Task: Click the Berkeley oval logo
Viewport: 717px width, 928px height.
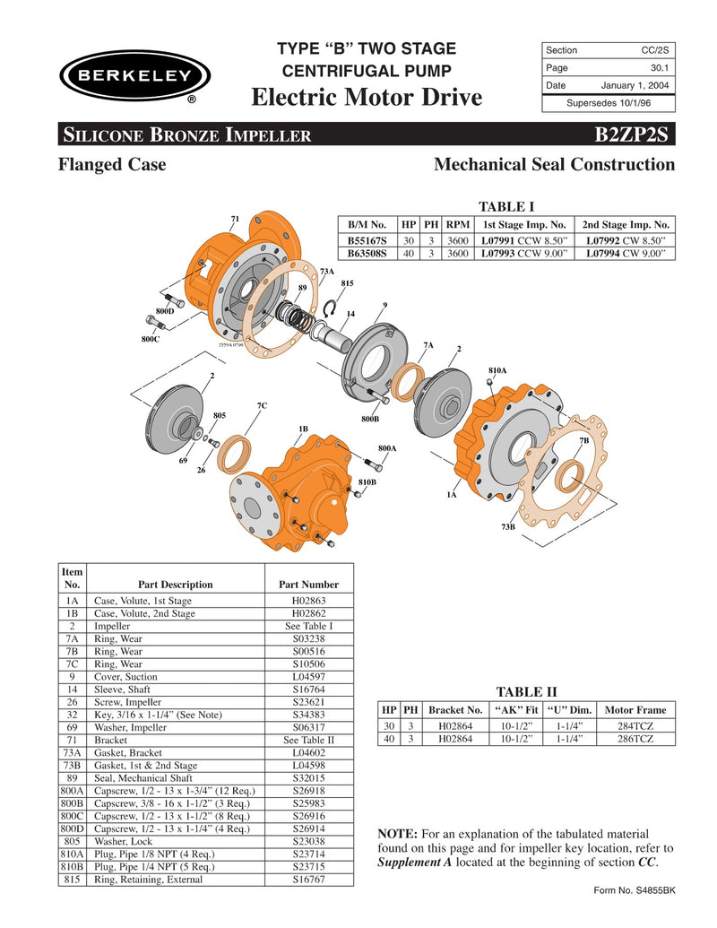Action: pos(134,75)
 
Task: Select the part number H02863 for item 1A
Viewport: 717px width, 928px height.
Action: pos(308,601)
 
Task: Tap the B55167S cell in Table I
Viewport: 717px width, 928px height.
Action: pos(367,241)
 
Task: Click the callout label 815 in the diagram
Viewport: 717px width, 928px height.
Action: pos(348,283)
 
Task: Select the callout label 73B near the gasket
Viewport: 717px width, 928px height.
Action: pos(508,527)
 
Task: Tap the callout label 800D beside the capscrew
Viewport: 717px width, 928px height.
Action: pos(165,310)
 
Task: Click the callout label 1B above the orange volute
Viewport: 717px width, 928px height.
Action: pos(303,429)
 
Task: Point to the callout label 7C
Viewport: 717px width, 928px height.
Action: pos(262,406)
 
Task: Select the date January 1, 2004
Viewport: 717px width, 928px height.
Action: pos(634,85)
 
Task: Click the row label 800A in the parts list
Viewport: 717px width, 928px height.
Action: pos(73,792)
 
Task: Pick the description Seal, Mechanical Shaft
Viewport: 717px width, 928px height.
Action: pos(145,778)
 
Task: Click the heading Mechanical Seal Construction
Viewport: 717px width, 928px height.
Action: pos(554,165)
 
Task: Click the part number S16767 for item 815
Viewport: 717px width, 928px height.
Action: pos(308,880)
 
